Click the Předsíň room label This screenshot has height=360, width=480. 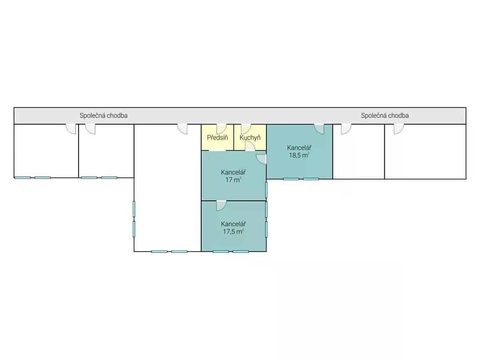pyautogui.click(x=217, y=138)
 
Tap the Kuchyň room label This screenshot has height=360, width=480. pyautogui.click(x=250, y=138)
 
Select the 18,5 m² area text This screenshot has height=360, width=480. pyautogui.click(x=299, y=155)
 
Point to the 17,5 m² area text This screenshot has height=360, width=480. pyautogui.click(x=233, y=232)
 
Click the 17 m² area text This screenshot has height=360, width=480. pyautogui.click(x=233, y=180)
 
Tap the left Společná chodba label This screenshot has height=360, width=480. pyautogui.click(x=104, y=116)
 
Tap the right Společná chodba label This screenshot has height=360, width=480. pyautogui.click(x=385, y=116)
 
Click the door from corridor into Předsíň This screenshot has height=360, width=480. pyautogui.click(x=221, y=129)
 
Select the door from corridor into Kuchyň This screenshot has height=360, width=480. pyautogui.click(x=246, y=129)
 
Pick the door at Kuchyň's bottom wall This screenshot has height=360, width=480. pyautogui.click(x=250, y=146)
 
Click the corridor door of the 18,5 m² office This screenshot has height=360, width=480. pyautogui.click(x=319, y=129)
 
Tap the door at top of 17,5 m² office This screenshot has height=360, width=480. pyautogui.click(x=221, y=206)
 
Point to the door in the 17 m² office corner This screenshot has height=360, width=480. pyautogui.click(x=261, y=159)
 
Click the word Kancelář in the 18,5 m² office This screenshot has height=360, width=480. pyautogui.click(x=299, y=148)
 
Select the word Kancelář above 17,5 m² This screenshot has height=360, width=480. pyautogui.click(x=233, y=224)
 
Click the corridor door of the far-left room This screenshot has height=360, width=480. pyautogui.click(x=71, y=129)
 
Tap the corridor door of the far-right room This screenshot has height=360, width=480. pyautogui.click(x=399, y=129)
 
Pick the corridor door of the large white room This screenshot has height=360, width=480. pyautogui.click(x=182, y=129)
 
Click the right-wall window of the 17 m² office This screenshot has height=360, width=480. pyautogui.click(x=266, y=190)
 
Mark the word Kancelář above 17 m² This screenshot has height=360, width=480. pyautogui.click(x=233, y=172)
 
